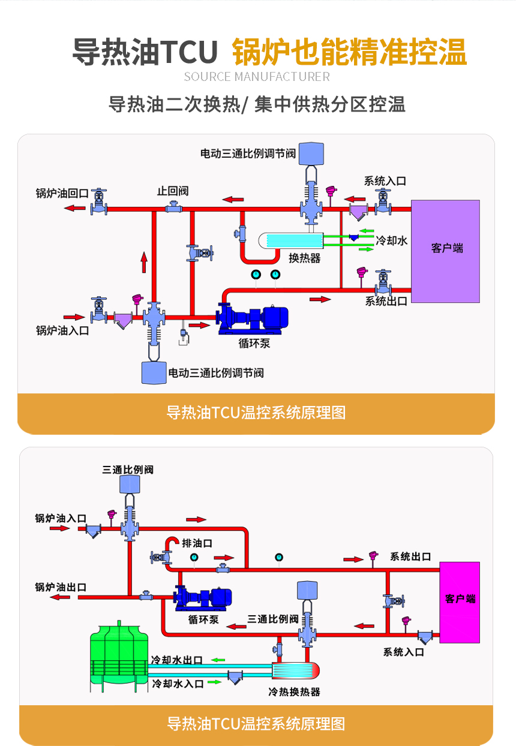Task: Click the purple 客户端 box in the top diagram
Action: [x=445, y=251]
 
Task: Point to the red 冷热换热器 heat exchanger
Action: [x=296, y=670]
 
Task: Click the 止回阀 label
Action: [x=173, y=191]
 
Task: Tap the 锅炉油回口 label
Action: [x=62, y=194]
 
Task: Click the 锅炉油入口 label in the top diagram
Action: [x=62, y=330]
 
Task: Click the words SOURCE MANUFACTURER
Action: [x=257, y=77]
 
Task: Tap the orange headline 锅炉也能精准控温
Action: [x=349, y=52]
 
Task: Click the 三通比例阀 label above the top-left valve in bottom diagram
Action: [x=128, y=470]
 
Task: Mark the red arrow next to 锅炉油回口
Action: [x=75, y=208]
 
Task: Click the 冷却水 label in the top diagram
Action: [x=392, y=240]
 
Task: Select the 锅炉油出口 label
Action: [x=61, y=587]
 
